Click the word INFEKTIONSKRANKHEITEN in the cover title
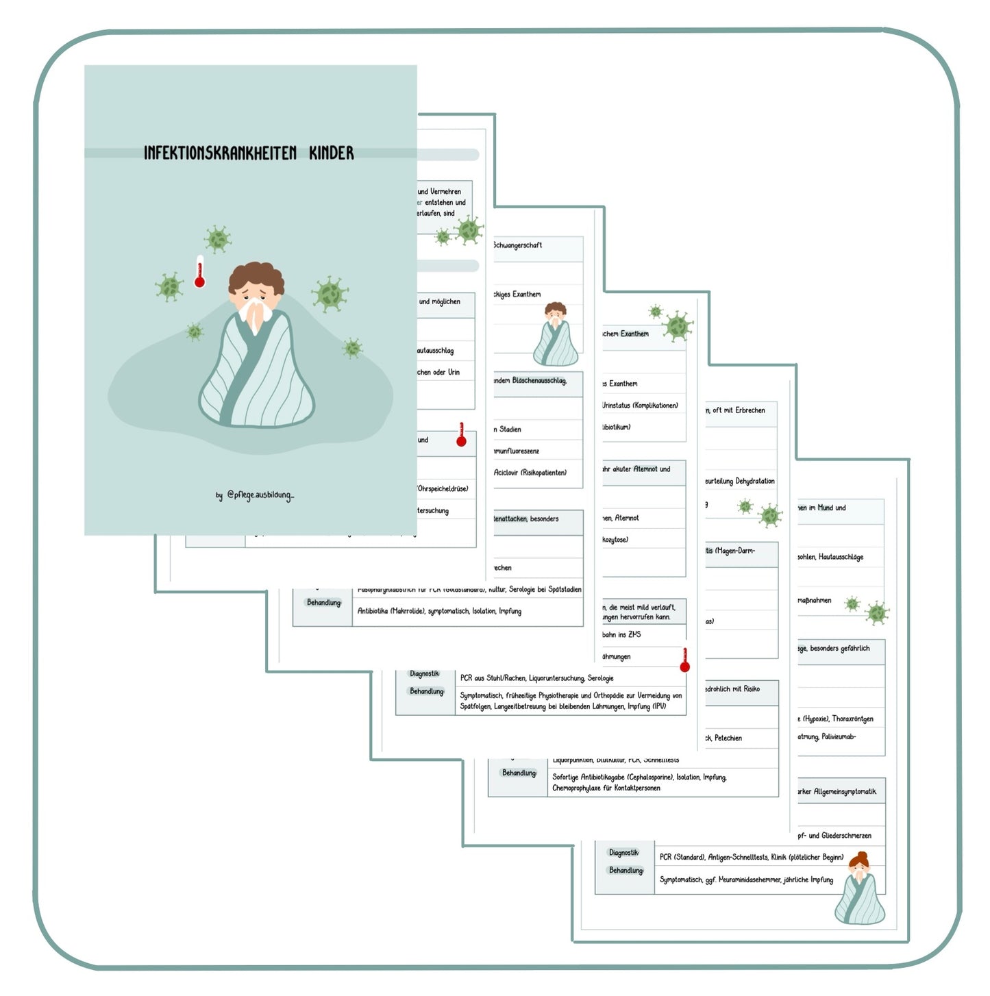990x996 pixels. pos(219,153)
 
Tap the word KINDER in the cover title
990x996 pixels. pos(331,153)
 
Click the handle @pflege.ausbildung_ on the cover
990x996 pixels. pos(259,495)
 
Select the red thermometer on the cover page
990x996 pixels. pos(199,271)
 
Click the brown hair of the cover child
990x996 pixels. pos(256,276)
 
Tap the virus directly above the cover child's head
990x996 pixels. pos(217,239)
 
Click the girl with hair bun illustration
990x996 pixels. pos(860,888)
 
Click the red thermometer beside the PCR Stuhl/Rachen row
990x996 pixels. pos(684,660)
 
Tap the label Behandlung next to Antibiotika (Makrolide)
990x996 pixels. pos(323,603)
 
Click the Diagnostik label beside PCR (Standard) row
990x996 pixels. pos(623,853)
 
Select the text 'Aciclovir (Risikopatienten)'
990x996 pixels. pos(530,473)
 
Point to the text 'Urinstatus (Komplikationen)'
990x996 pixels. pos(640,406)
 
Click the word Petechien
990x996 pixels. pos(728,738)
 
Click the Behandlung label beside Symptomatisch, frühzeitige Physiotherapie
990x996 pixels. pos(426,691)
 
